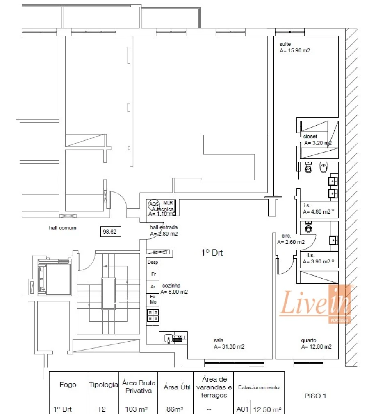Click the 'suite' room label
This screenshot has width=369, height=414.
tap(285, 44)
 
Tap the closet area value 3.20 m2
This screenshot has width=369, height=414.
tap(318, 143)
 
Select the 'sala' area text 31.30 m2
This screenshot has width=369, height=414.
tap(229, 346)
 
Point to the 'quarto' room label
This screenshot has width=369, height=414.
tap(308, 340)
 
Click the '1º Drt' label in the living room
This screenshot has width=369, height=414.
tap(212, 253)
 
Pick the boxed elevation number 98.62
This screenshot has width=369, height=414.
tap(110, 232)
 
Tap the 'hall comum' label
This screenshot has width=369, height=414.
tap(62, 228)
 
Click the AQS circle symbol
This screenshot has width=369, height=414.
tap(153, 204)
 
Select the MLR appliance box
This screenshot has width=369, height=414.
tap(168, 203)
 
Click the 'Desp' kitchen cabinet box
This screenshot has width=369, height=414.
tap(153, 262)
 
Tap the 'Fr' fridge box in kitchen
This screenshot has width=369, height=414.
tap(153, 274)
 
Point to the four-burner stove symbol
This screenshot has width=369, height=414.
tap(153, 315)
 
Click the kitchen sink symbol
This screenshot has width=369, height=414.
tap(168, 338)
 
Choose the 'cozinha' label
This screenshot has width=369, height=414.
tap(171, 286)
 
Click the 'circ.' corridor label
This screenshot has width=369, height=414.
tap(286, 236)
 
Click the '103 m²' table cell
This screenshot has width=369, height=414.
tap(138, 409)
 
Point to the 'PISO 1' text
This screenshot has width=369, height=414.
tap(315, 396)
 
